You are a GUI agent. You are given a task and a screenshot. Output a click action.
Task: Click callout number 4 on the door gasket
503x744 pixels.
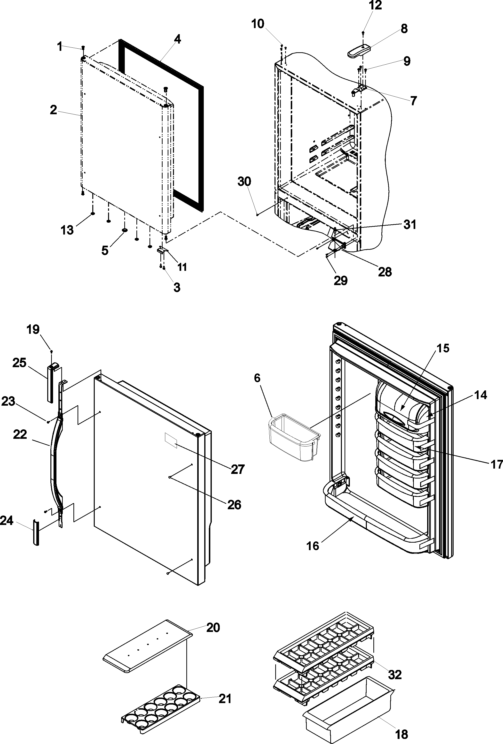click(177, 39)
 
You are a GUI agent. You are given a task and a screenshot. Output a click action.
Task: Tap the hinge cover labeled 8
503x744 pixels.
click(359, 51)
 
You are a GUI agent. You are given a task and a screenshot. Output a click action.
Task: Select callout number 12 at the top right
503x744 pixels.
click(375, 5)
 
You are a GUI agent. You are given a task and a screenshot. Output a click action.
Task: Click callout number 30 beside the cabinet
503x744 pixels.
click(244, 182)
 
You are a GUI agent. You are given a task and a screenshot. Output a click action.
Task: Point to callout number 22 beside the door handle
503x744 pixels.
click(20, 434)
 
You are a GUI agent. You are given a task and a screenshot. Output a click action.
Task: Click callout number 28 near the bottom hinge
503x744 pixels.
click(385, 272)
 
